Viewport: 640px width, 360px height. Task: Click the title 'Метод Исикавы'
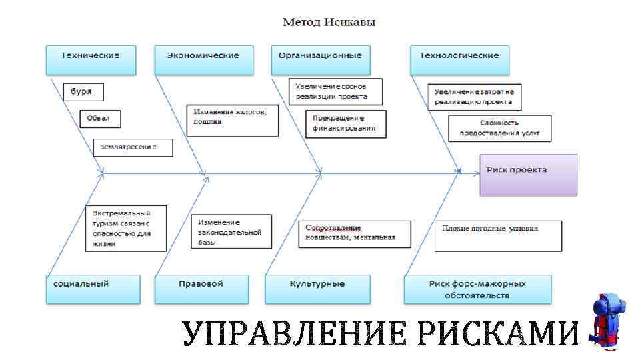pyautogui.click(x=329, y=22)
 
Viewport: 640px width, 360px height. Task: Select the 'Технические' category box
pyautogui.click(x=91, y=59)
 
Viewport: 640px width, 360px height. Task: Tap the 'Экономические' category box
pyautogui.click(x=205, y=59)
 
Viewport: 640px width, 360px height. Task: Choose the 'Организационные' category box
pyautogui.click(x=320, y=59)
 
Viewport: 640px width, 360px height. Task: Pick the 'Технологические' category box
pyautogui.click(x=459, y=59)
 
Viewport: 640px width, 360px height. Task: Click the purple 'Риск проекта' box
pyautogui.click(x=528, y=174)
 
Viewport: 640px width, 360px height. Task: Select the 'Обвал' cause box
pyautogui.click(x=100, y=119)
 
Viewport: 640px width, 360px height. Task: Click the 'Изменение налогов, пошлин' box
pyautogui.click(x=231, y=120)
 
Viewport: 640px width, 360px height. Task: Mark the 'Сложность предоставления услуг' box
pyautogui.click(x=499, y=128)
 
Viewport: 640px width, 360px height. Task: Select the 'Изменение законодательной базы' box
pyautogui.click(x=231, y=232)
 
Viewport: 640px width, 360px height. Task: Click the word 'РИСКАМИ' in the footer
pyautogui.click(x=499, y=333)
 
